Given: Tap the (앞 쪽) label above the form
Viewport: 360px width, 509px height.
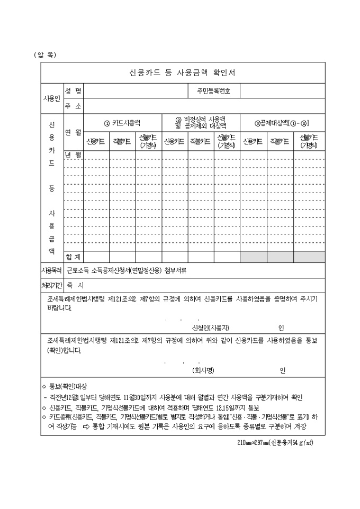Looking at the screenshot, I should pos(44,54).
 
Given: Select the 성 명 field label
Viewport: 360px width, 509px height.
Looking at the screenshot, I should pos(73,91).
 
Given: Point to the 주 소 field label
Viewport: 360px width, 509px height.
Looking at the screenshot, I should pos(73,106).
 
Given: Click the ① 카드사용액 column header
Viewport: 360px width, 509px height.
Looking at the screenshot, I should pos(122,123).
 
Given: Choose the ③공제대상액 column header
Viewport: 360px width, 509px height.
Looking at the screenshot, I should pos(282,123).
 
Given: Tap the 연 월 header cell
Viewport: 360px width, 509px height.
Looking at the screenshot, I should pos(73,132).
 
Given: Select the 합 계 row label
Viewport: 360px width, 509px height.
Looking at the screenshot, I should pos(73,257).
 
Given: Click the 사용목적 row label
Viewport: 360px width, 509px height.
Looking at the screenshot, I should pos(52,270).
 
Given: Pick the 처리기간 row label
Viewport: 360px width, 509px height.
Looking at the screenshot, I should pos(52,285).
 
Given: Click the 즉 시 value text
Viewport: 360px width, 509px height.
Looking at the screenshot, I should pos(71,285).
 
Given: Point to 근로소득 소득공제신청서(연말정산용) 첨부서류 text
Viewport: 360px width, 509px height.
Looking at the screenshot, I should pos(127,270).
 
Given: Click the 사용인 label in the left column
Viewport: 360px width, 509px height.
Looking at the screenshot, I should pos(52,98).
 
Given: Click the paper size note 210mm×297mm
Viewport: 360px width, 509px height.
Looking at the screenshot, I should pos(275,442).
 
